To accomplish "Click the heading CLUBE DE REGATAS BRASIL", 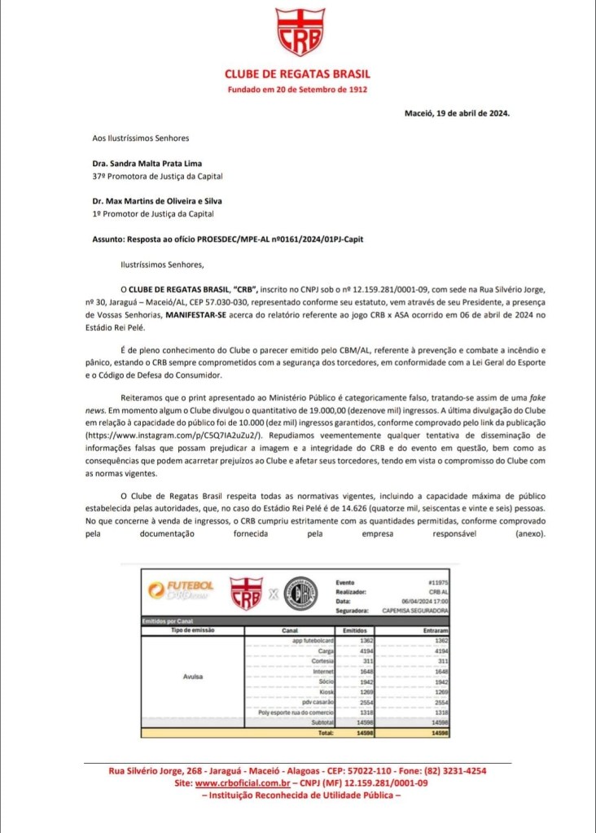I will click(297, 74).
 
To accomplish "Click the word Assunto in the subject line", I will click(109, 239).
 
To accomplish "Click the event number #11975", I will click(438, 583).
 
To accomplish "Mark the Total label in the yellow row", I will click(326, 732).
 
